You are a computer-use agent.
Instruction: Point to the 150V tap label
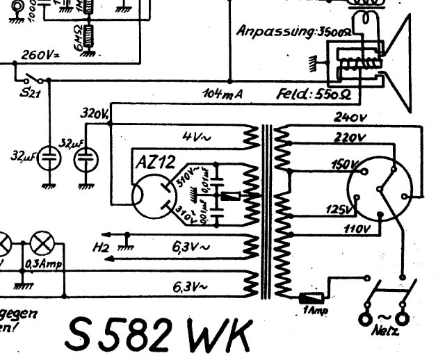tap(342, 165)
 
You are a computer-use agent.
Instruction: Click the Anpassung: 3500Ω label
tap(292, 31)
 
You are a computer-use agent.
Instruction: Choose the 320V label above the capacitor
tap(92, 113)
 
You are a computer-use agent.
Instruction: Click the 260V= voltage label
tap(40, 56)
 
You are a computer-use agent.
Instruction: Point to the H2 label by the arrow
tap(101, 245)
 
